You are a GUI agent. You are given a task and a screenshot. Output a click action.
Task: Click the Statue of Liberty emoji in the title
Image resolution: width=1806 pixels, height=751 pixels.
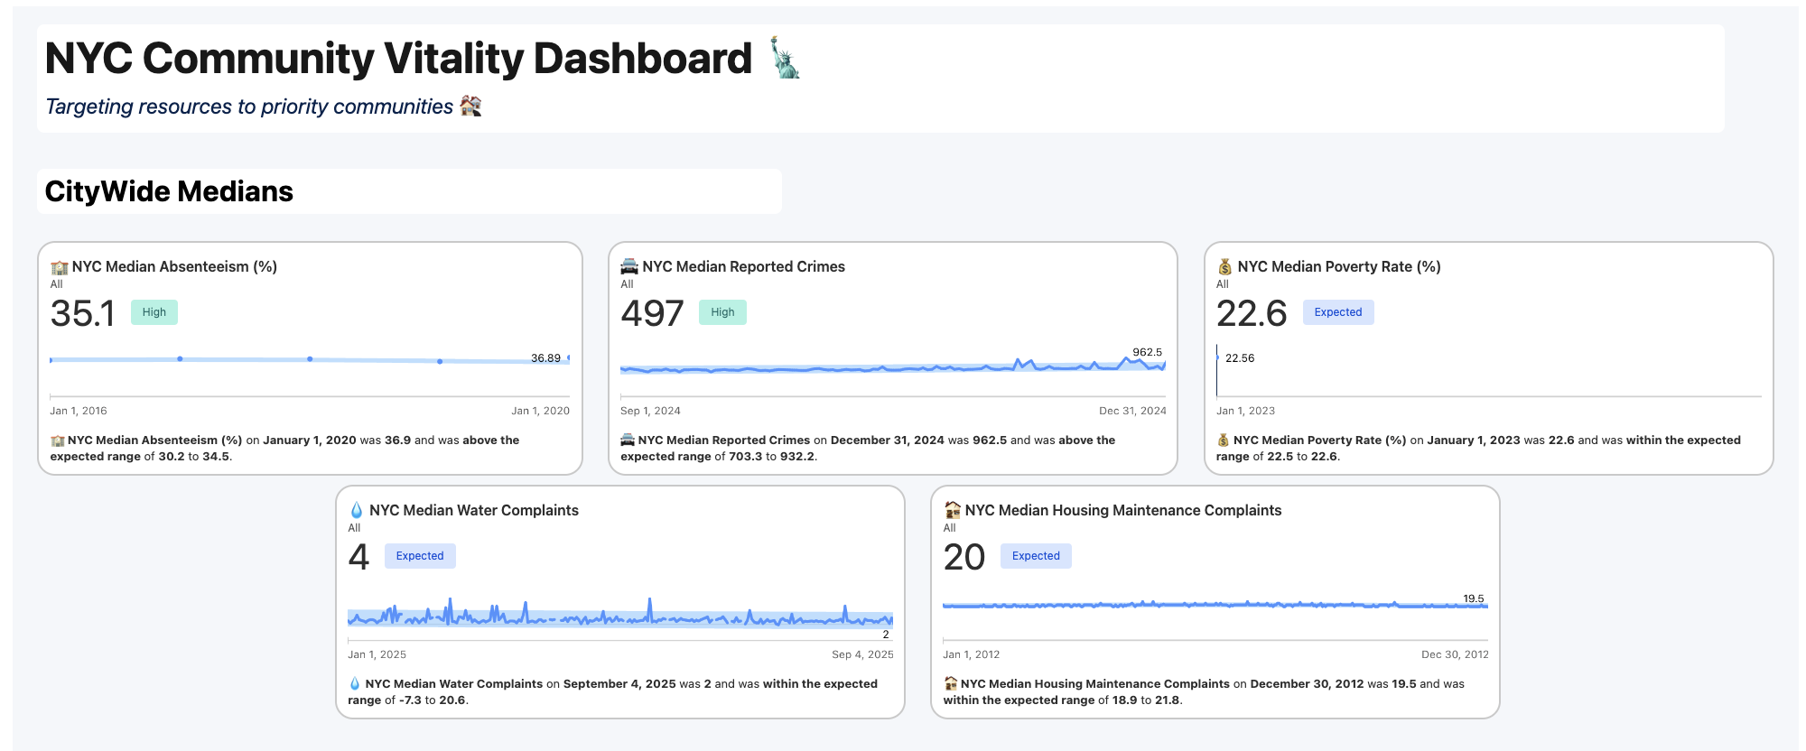click(x=784, y=58)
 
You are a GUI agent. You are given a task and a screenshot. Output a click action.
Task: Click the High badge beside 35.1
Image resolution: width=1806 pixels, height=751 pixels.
click(x=154, y=312)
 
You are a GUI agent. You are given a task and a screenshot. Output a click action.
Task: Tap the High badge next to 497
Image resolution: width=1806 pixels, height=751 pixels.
click(x=722, y=312)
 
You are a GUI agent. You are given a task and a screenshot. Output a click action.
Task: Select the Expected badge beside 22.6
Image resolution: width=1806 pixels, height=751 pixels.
click(x=1337, y=312)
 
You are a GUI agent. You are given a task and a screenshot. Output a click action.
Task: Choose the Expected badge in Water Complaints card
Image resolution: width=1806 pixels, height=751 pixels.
click(x=420, y=556)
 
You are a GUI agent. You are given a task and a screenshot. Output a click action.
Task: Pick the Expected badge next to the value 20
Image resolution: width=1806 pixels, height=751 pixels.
click(x=1036, y=556)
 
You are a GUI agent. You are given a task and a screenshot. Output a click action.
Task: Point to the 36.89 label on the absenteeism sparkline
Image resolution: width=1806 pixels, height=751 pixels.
click(x=545, y=358)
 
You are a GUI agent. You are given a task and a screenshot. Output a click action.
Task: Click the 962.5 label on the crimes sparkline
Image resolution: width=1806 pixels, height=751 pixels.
click(x=1147, y=352)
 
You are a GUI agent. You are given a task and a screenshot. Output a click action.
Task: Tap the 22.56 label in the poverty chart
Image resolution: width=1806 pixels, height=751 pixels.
click(x=1240, y=358)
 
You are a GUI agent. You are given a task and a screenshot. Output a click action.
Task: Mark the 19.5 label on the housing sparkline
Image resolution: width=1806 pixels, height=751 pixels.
click(x=1473, y=598)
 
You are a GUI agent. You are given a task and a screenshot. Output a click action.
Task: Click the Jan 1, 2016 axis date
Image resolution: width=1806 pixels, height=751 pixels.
click(x=79, y=411)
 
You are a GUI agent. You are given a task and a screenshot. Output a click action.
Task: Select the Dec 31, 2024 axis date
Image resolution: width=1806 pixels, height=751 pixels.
click(x=1132, y=411)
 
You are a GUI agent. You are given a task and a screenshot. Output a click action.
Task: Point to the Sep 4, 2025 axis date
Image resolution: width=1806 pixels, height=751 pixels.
click(x=862, y=654)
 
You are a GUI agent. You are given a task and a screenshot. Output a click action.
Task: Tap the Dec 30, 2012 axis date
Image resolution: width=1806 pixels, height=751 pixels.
click(x=1455, y=654)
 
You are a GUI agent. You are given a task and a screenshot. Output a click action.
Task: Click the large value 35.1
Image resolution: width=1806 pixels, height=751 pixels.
click(x=83, y=314)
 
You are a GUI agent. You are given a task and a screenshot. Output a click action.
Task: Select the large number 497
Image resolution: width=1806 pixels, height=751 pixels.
click(x=652, y=314)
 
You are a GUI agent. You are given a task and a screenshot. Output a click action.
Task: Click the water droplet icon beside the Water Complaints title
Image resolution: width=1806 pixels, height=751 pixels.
click(x=356, y=510)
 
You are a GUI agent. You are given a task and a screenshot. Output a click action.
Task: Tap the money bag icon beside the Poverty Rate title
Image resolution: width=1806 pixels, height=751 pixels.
click(x=1224, y=266)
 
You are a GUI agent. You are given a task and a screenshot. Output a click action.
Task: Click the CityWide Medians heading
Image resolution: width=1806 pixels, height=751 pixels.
click(x=169, y=191)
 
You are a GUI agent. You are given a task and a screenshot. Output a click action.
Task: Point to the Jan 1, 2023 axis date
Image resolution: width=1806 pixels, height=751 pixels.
click(x=1245, y=411)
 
